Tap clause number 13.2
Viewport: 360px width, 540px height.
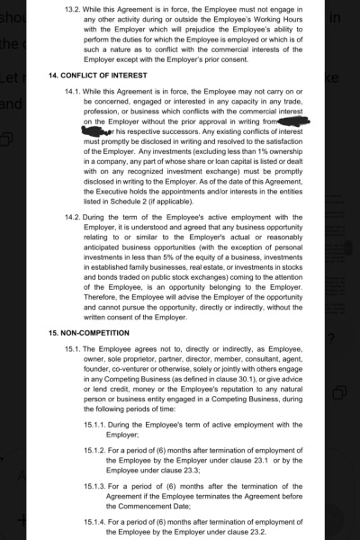tap(70, 6)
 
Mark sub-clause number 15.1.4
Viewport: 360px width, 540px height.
tap(95, 521)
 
